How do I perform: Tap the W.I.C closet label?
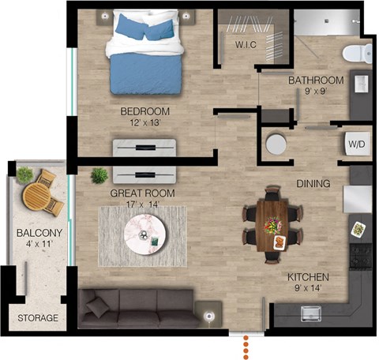tap(246, 45)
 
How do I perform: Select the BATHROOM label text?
tap(315, 81)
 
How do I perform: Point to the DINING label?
tap(313, 183)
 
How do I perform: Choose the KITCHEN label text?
tap(308, 278)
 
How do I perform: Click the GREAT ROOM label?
tap(143, 193)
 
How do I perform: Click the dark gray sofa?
tap(136, 306)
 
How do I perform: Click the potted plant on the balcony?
tap(25, 174)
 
